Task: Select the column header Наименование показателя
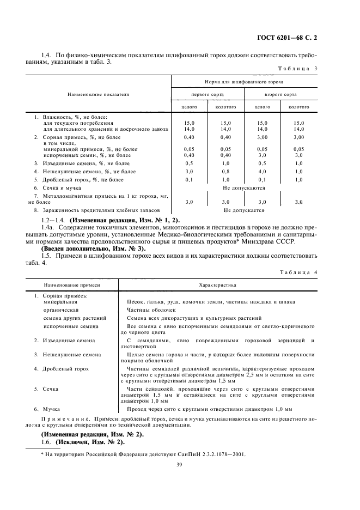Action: point(98,94)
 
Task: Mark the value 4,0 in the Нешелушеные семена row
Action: point(263,171)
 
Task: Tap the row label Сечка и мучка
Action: point(59,187)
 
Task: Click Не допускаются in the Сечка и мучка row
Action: point(244,187)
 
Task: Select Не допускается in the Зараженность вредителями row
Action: point(244,210)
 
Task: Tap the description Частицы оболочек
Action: point(150,309)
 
